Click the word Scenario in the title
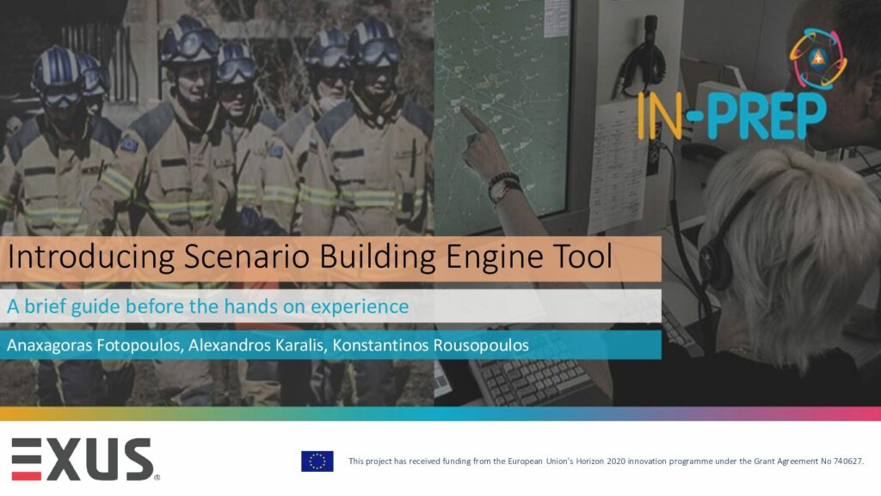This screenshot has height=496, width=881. tap(247, 257)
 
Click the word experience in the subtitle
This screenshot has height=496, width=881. tap(360, 307)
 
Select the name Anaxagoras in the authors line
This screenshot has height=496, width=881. tap(49, 345)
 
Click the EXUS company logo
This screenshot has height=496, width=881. tap(84, 459)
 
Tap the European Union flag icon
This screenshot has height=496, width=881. tap(317, 462)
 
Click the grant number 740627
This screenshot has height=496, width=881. tap(847, 462)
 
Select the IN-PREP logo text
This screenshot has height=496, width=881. tap(731, 116)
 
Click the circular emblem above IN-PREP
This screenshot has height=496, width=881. tap(817, 59)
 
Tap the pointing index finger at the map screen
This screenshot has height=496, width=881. tap(472, 119)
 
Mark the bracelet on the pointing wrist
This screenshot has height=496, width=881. tap(504, 181)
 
